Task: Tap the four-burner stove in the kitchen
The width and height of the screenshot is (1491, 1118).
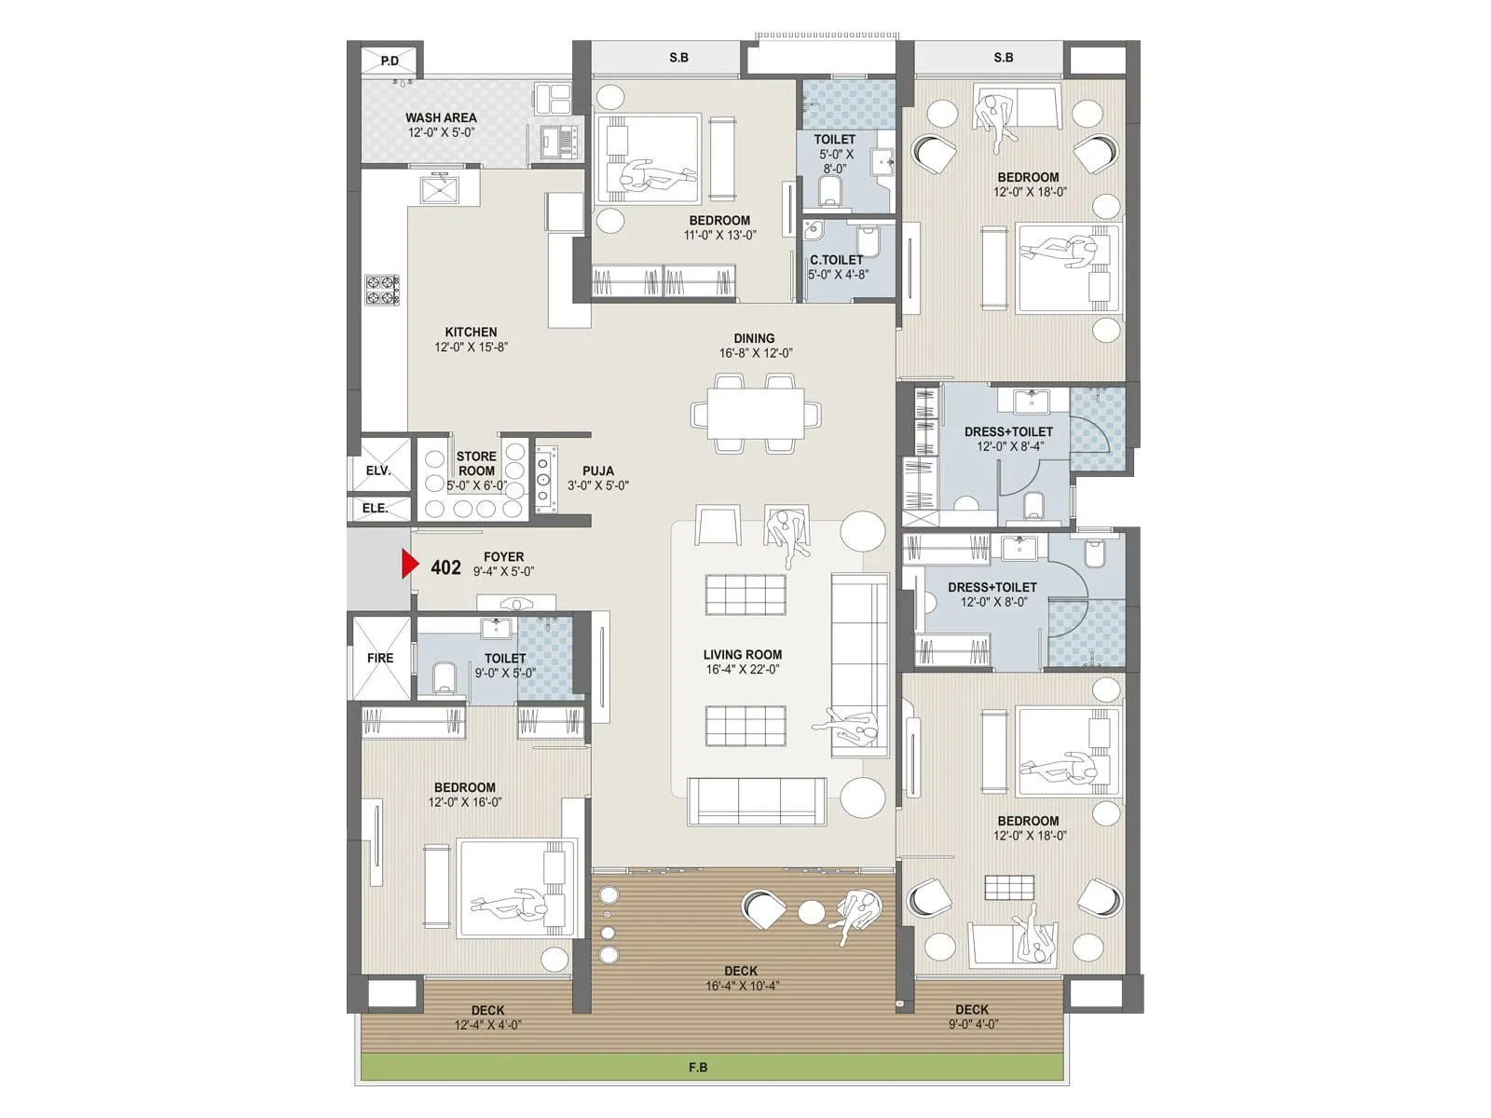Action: (382, 290)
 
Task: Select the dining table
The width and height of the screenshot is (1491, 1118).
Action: (756, 413)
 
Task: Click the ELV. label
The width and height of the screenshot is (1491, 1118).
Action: (378, 470)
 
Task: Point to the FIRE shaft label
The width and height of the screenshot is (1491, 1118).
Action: (380, 658)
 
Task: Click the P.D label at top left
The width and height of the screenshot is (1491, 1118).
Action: (390, 61)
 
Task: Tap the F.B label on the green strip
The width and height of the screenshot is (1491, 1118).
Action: (698, 1068)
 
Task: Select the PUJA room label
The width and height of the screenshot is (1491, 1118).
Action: (598, 470)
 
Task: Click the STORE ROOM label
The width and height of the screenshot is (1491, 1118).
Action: (476, 463)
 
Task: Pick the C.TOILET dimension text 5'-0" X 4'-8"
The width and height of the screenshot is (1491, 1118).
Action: (838, 275)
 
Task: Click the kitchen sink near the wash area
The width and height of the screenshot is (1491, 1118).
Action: (441, 190)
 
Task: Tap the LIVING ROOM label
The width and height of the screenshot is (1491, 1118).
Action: (743, 654)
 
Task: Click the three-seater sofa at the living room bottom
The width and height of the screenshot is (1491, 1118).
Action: (757, 800)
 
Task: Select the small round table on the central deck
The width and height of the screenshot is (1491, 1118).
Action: (812, 912)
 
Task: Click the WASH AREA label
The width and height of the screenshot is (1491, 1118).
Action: (441, 117)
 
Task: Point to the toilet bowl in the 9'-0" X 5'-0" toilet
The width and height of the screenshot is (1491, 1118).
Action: (445, 675)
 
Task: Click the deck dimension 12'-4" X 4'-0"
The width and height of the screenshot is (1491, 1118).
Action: (487, 1025)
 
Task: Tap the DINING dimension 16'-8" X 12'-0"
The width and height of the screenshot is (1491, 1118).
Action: (756, 353)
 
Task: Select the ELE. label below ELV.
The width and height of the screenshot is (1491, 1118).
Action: (376, 508)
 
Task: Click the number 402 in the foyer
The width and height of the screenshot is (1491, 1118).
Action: (445, 567)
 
